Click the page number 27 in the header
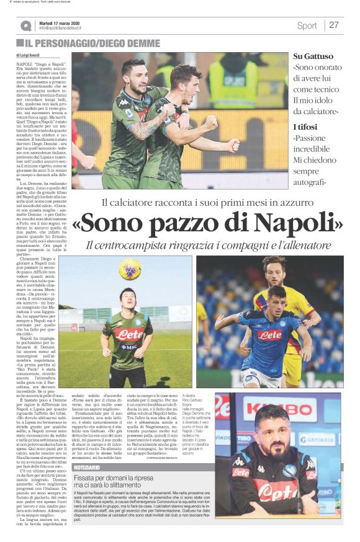coord(334,25)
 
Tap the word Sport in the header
coord(307,25)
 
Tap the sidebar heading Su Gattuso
coord(313,56)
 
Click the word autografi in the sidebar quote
coord(310,182)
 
